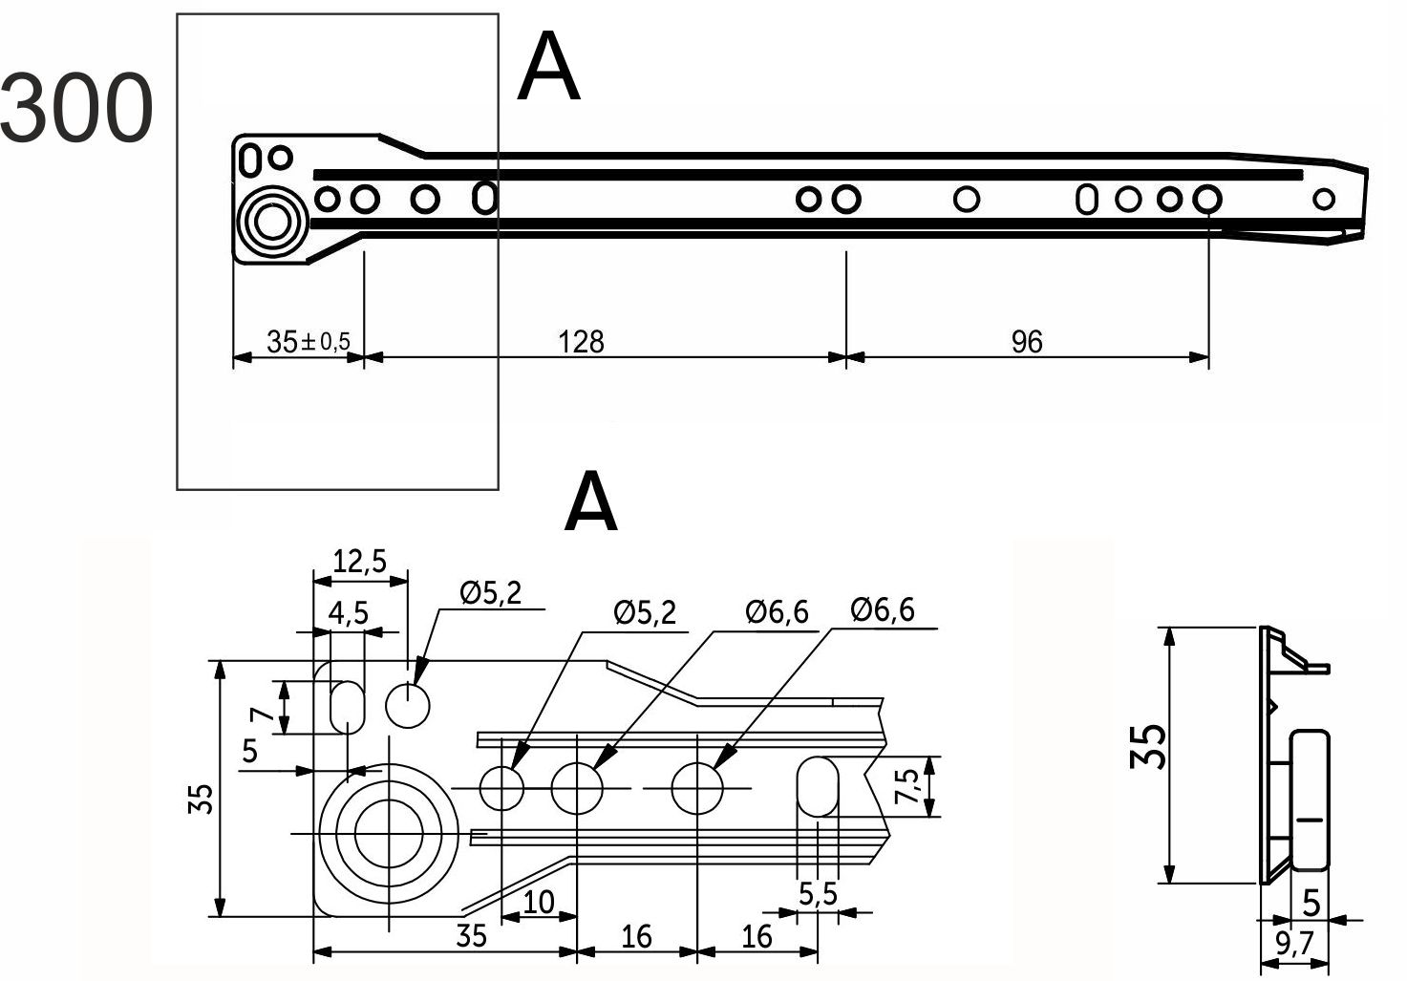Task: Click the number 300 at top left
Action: pyautogui.click(x=76, y=109)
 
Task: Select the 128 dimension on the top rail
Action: pyautogui.click(x=582, y=342)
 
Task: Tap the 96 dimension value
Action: pyautogui.click(x=1027, y=342)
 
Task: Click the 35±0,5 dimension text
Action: pyautogui.click(x=308, y=342)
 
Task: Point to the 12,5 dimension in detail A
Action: pyautogui.click(x=359, y=561)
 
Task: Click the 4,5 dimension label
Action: pyautogui.click(x=348, y=613)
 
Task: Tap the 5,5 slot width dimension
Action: pyautogui.click(x=818, y=895)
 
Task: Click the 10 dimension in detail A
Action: pyautogui.click(x=539, y=902)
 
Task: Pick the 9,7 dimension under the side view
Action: pyautogui.click(x=1294, y=945)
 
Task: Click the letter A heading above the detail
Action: pyautogui.click(x=590, y=503)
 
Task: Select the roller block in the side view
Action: pyautogui.click(x=1313, y=800)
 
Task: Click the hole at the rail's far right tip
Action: pyautogui.click(x=1323, y=199)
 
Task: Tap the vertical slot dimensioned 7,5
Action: pyautogui.click(x=818, y=787)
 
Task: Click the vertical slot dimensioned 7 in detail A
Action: pyautogui.click(x=347, y=707)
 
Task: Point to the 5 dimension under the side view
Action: pyautogui.click(x=1311, y=902)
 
